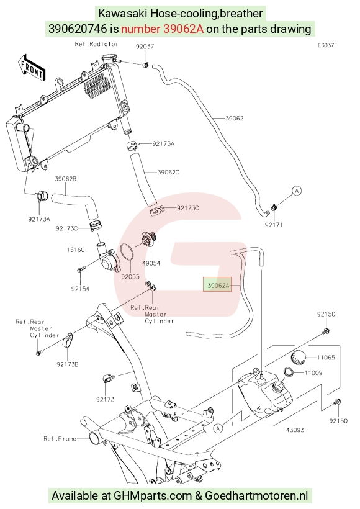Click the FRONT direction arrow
tap(32, 68)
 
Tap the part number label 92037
tap(145, 47)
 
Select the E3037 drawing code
tap(326, 45)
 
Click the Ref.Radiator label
tap(96, 44)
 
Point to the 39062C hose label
tap(168, 172)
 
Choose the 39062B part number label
tap(66, 179)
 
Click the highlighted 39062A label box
tap(217, 284)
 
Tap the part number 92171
tap(274, 225)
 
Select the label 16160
tap(76, 250)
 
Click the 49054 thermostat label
tap(151, 263)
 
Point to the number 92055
tap(130, 277)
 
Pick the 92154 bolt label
tap(80, 289)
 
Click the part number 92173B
tap(68, 364)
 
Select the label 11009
tap(313, 372)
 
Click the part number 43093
tap(295, 430)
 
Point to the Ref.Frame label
tap(60, 439)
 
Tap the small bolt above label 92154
tap(81, 269)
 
